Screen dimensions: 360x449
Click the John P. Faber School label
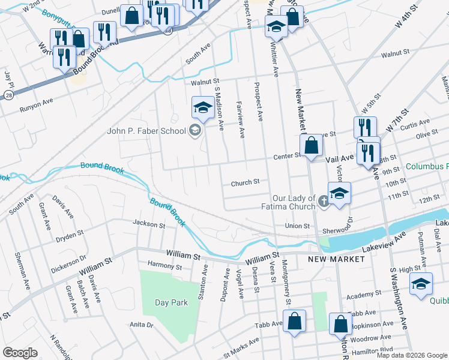[146, 131]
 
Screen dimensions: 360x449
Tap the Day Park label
[171, 302]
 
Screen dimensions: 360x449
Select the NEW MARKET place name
[336, 259]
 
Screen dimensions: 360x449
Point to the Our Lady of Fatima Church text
[294, 202]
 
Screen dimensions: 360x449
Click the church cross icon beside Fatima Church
[324, 200]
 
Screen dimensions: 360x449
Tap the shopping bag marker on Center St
[312, 146]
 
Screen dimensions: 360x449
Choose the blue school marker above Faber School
[203, 108]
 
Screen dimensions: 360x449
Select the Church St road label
[245, 182]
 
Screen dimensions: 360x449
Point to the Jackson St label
[149, 225]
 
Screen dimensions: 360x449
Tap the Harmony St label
[164, 266]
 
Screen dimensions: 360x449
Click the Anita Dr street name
[142, 325]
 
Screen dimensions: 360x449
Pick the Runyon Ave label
[37, 101]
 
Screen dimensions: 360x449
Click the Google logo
[20, 353]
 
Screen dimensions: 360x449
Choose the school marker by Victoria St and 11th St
[339, 194]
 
